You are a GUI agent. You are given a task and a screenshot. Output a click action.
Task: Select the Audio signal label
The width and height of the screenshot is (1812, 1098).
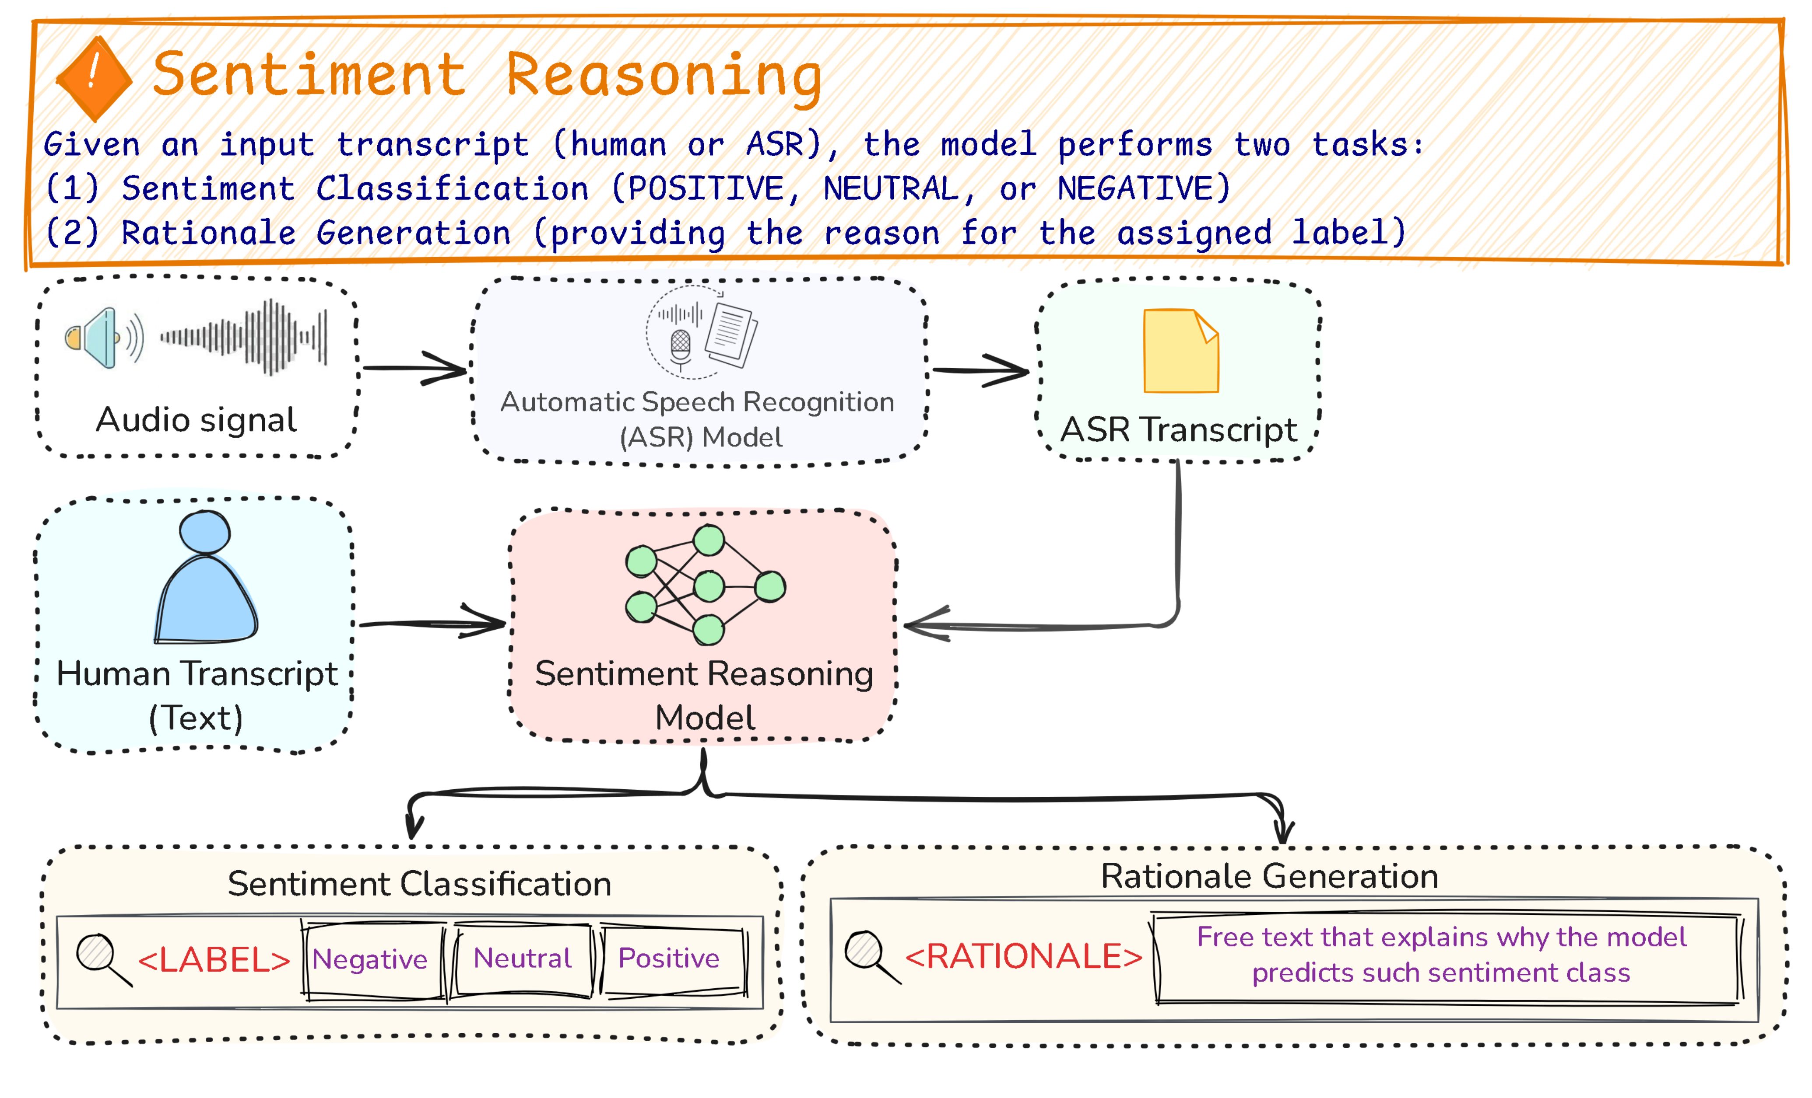[197, 420]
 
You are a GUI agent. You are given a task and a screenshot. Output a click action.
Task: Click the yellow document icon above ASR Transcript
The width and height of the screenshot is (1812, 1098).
[1181, 351]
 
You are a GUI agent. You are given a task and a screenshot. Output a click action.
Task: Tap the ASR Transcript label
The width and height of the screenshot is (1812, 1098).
[1178, 430]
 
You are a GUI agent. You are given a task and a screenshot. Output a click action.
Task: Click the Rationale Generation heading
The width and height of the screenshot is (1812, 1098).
[1269, 876]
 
